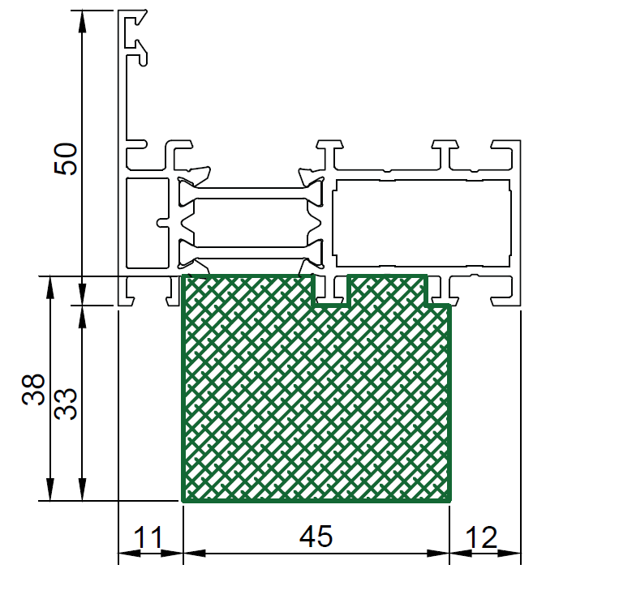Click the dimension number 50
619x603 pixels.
point(66,159)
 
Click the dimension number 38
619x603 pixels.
point(33,389)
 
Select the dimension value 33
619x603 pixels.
point(66,404)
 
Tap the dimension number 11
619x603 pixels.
point(148,537)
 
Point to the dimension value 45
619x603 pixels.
point(316,537)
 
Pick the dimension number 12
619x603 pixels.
point(481,537)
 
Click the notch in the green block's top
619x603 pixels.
point(331,290)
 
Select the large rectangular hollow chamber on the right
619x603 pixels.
point(421,223)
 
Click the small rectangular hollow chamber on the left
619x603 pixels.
point(148,223)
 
